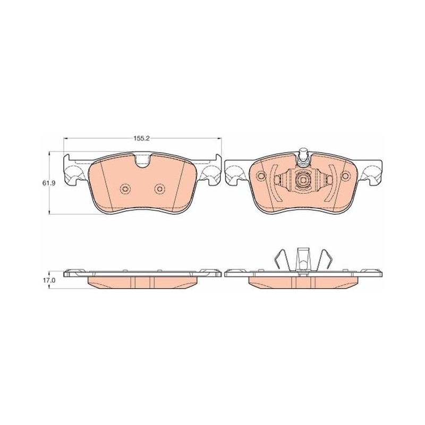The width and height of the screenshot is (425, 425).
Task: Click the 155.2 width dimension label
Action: click(x=141, y=139)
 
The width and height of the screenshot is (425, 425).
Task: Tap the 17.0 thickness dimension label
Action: click(x=51, y=280)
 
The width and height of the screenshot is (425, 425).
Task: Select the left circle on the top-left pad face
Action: click(x=125, y=189)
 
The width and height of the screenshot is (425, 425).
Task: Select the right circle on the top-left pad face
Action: click(x=159, y=189)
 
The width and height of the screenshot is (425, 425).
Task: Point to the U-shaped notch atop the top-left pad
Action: click(x=143, y=161)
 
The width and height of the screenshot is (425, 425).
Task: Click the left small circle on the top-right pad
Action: click(x=261, y=176)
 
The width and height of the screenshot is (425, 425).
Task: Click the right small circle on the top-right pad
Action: click(x=346, y=176)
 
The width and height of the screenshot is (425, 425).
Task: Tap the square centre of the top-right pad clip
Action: click(x=303, y=180)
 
